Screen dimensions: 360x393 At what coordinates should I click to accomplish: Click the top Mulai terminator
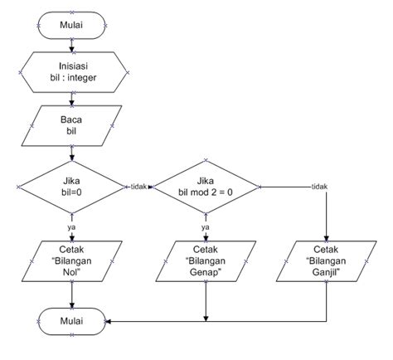click(x=71, y=24)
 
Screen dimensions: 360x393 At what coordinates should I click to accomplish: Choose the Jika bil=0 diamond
click(x=71, y=187)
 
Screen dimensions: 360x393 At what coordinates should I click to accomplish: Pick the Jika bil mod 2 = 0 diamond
click(x=205, y=187)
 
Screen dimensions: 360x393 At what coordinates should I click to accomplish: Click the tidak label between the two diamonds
click(x=138, y=186)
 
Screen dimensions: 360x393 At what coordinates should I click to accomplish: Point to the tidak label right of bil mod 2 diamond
click(x=319, y=186)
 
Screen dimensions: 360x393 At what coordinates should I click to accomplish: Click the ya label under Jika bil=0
click(x=71, y=225)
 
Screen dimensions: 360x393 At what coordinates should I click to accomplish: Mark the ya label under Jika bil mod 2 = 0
click(x=205, y=225)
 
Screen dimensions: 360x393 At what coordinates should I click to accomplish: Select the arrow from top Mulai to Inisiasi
click(x=71, y=44)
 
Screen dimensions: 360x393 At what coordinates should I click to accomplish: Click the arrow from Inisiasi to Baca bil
click(x=71, y=98)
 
